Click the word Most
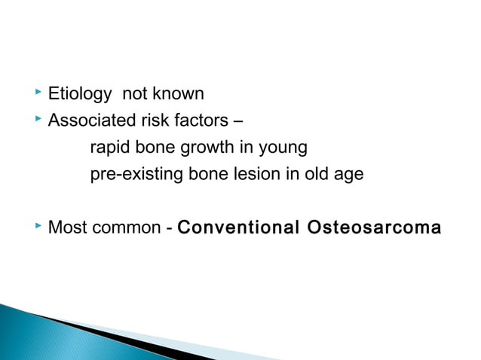pyautogui.click(x=66, y=227)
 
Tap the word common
pyautogui.click(x=126, y=227)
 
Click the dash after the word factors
pyautogui.click(x=237, y=122)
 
